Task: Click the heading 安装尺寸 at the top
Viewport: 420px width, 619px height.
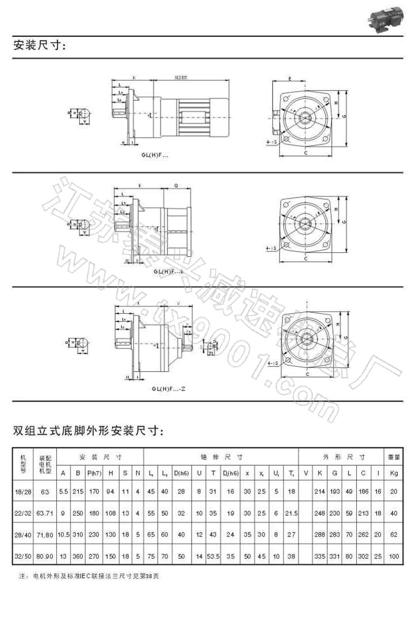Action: pyautogui.click(x=40, y=46)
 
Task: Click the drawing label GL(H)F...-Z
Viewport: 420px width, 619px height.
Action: pyautogui.click(x=169, y=389)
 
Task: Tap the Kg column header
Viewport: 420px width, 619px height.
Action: pyautogui.click(x=394, y=473)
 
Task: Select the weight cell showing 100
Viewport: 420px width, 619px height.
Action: pyautogui.click(x=394, y=557)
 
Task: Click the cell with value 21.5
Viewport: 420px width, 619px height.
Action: pyautogui.click(x=292, y=513)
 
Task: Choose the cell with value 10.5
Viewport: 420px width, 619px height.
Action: pyautogui.click(x=64, y=535)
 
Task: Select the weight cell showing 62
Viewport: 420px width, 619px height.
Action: pyautogui.click(x=394, y=535)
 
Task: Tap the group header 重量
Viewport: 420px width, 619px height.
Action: pyautogui.click(x=394, y=457)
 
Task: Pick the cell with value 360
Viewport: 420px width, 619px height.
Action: pyautogui.click(x=78, y=557)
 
